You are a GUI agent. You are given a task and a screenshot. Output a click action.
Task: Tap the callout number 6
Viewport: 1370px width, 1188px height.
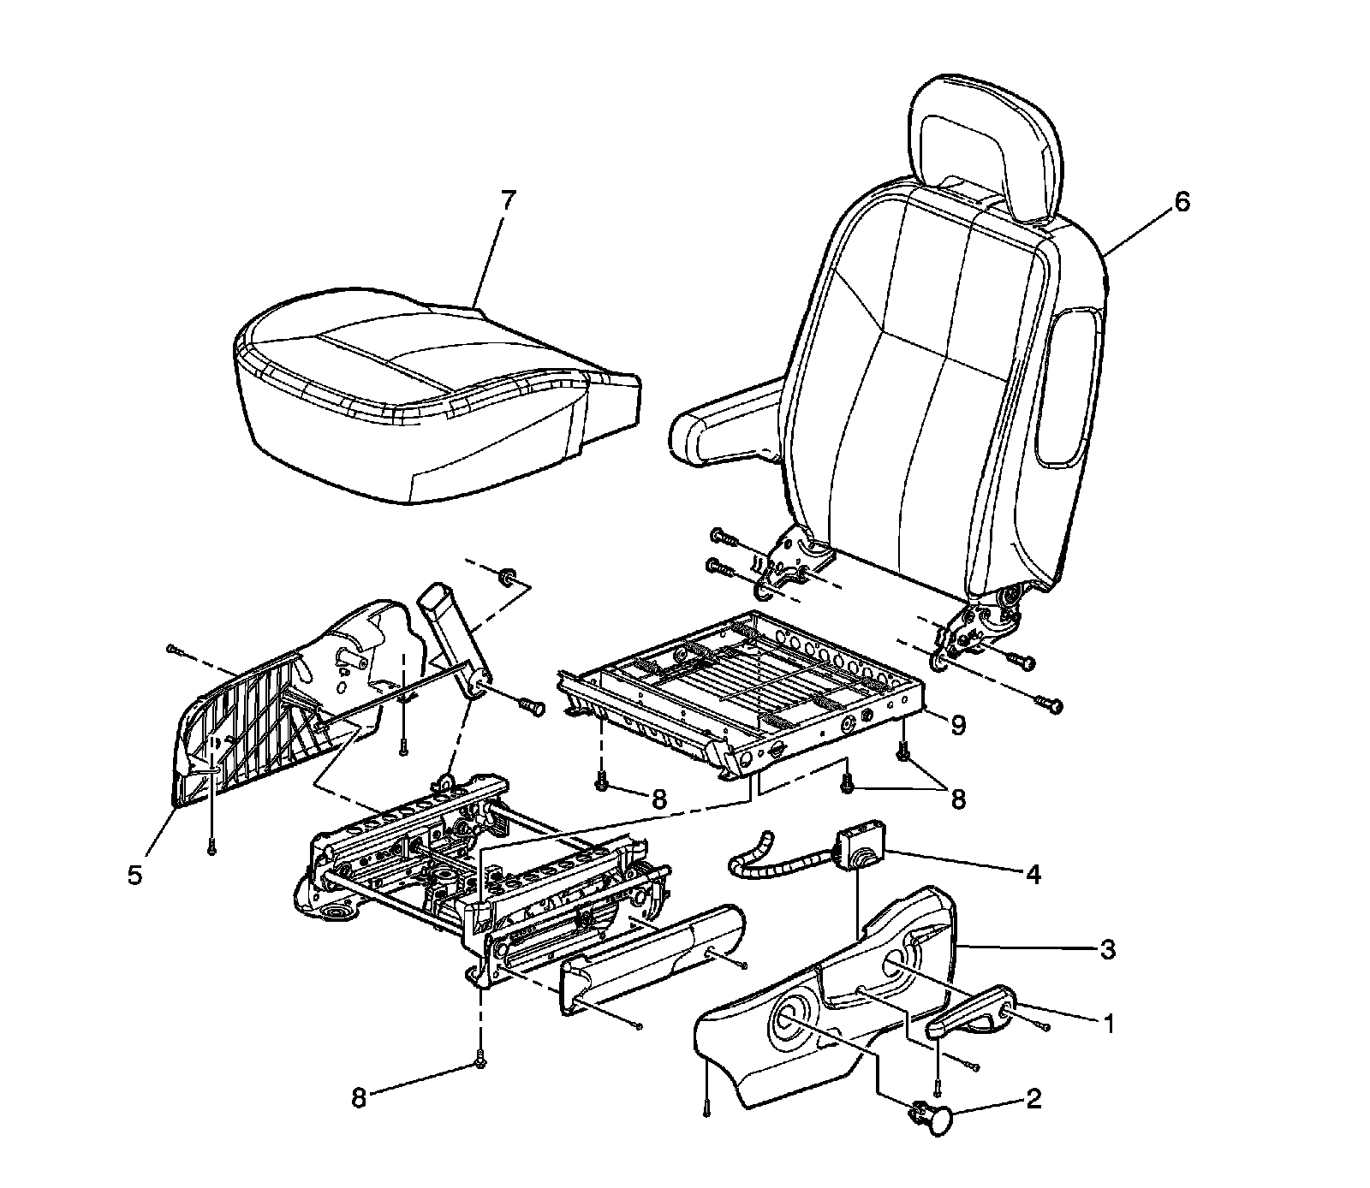point(1182,202)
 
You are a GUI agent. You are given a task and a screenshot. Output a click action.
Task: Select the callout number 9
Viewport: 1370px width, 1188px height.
point(957,725)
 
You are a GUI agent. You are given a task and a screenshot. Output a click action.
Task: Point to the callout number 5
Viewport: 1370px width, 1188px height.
point(135,877)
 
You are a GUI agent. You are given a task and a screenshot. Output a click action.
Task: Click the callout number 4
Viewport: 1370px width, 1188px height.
point(1033,874)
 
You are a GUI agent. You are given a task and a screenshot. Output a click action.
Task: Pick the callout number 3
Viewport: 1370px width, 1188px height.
point(1107,949)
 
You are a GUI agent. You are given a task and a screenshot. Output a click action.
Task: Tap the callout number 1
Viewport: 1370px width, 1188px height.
point(1108,1023)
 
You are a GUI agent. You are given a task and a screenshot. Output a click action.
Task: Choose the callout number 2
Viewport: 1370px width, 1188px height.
point(1033,1098)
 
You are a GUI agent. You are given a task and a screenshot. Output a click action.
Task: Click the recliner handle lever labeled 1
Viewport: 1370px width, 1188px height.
point(972,1014)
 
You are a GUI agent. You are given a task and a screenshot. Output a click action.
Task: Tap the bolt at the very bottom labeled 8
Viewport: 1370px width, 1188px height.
point(479,1061)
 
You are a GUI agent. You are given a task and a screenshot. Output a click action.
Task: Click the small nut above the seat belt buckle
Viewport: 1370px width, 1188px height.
point(506,573)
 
